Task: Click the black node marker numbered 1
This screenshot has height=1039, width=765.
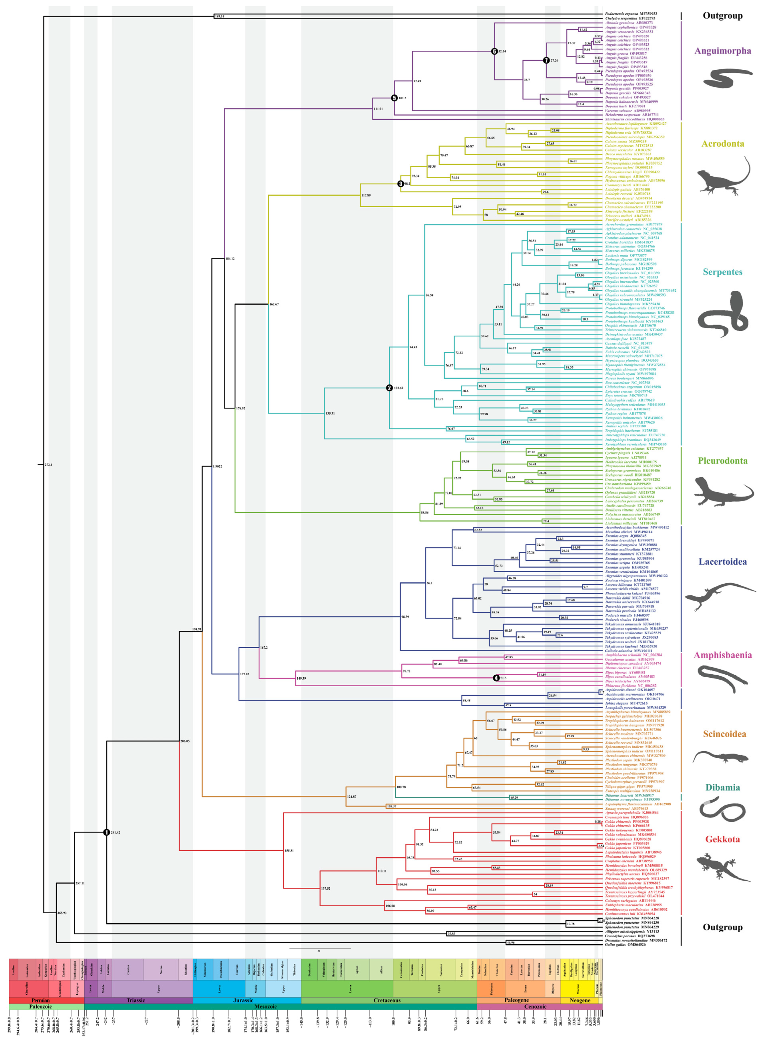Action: click(107, 832)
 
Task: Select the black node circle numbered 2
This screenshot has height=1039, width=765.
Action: click(389, 388)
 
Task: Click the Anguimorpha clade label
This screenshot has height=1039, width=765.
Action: click(722, 51)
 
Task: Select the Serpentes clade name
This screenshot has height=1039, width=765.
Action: click(722, 272)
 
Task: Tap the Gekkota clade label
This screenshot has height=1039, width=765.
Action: click(722, 839)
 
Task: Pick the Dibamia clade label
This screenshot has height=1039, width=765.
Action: click(722, 787)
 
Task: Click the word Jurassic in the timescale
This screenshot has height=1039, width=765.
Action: click(243, 1000)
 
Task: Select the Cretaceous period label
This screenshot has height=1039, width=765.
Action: click(387, 1000)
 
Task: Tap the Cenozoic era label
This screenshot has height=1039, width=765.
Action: click(535, 1007)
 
